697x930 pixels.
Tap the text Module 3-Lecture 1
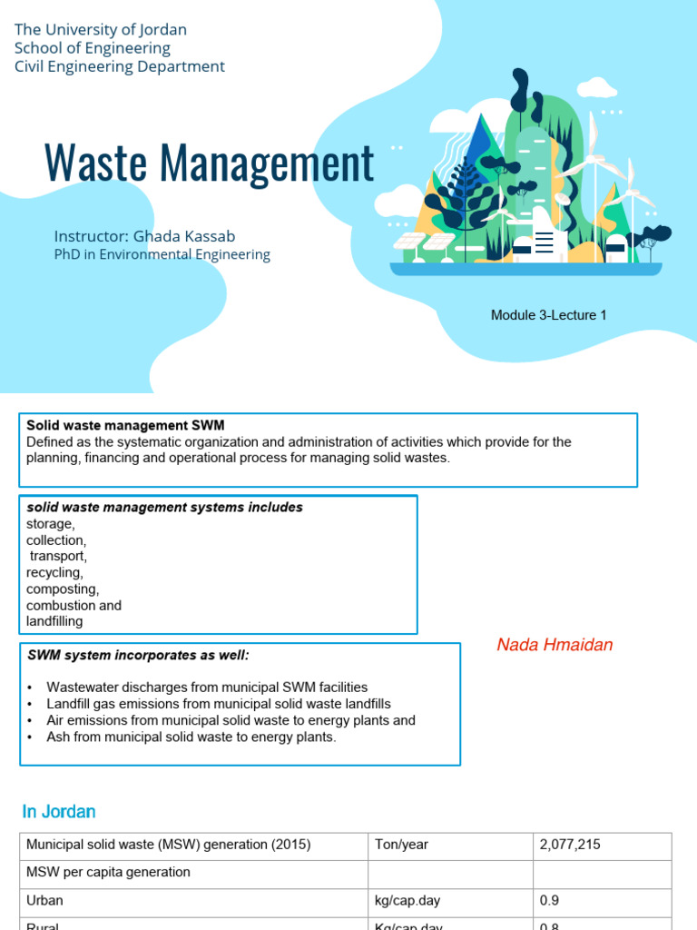(548, 315)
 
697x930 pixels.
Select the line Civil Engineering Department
(120, 66)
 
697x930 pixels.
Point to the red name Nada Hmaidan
(555, 645)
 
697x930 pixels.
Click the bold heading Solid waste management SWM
(125, 425)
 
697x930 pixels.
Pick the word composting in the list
(63, 589)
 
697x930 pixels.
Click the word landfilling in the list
(54, 621)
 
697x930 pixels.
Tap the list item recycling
(54, 572)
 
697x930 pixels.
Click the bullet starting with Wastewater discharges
(207, 688)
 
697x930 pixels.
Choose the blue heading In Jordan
(58, 811)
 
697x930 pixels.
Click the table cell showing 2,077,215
(570, 845)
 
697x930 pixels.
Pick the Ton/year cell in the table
(401, 845)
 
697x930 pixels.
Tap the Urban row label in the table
(44, 900)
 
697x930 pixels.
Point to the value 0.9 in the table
(549, 900)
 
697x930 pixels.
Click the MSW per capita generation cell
(108, 872)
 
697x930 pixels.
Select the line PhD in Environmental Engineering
(162, 254)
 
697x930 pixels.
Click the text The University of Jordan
(101, 30)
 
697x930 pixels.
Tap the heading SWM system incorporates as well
(137, 655)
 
